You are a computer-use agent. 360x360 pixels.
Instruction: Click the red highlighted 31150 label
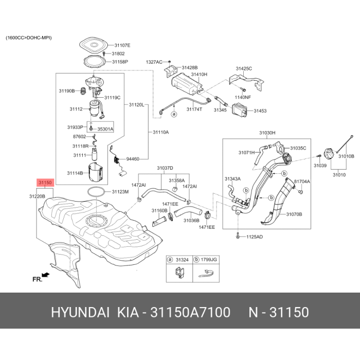click(45, 183)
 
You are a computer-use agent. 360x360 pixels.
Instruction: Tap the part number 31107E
click(122, 45)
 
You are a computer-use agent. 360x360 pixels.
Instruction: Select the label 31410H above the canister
click(200, 75)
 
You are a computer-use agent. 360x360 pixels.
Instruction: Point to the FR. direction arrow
click(45, 275)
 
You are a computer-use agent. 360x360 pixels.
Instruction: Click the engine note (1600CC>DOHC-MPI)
click(29, 38)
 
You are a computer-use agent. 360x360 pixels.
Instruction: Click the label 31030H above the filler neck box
click(267, 133)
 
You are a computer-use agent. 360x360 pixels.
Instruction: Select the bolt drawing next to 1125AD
click(238, 236)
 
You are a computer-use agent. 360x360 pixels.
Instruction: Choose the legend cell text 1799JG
click(209, 260)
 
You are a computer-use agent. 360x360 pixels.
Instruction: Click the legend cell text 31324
click(182, 260)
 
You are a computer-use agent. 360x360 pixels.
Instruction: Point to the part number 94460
click(133, 159)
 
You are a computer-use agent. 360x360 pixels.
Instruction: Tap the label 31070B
click(294, 214)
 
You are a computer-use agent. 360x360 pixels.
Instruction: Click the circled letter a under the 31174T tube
click(174, 114)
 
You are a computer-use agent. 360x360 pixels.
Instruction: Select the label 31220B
click(37, 196)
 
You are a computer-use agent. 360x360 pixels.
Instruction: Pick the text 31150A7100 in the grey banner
click(190, 312)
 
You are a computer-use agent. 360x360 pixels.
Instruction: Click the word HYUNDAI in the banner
click(80, 312)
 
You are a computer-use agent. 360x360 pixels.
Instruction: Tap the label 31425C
click(244, 68)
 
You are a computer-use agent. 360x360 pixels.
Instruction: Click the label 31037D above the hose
click(165, 168)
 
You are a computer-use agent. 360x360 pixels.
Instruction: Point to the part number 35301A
click(105, 129)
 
